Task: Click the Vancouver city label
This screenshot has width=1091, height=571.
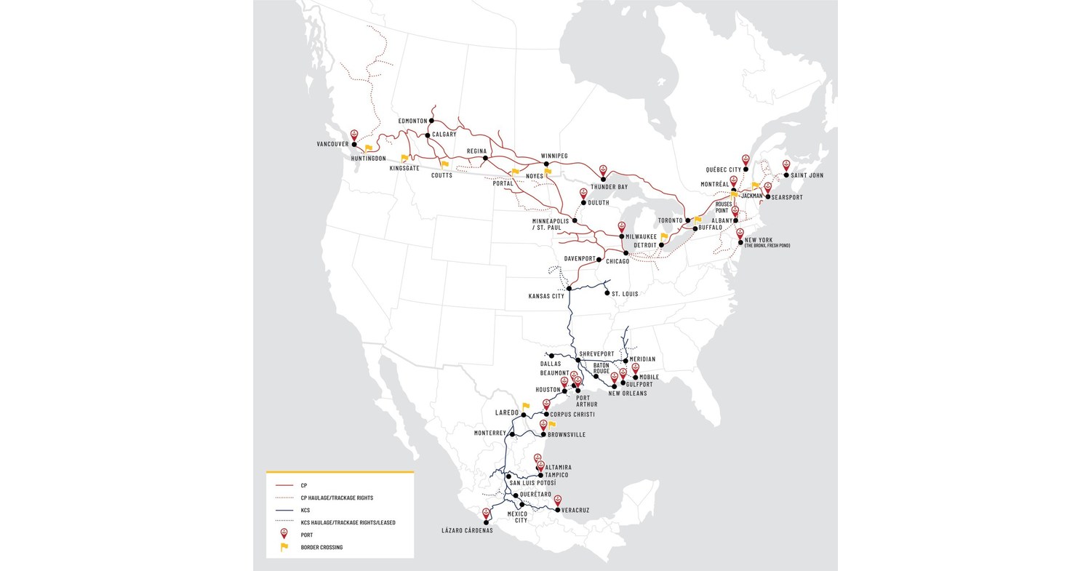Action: coord(332,144)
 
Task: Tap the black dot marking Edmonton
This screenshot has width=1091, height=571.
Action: coord(431,121)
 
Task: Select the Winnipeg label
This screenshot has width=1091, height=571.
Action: coord(554,156)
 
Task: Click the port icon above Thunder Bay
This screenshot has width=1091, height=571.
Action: coord(603,170)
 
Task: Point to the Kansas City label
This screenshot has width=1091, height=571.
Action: coord(546,296)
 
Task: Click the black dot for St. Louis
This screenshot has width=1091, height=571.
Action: coord(607,293)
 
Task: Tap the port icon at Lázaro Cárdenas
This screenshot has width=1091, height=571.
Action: coord(486,514)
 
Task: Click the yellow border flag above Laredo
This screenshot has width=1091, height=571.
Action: coord(526,407)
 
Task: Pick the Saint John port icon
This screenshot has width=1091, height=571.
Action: coord(786,165)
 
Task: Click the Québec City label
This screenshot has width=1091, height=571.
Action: coord(724,169)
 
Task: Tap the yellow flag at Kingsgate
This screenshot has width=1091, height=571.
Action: coord(404,158)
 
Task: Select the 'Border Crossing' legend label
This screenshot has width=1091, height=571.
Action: coord(321,547)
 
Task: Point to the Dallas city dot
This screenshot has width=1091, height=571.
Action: coord(551,356)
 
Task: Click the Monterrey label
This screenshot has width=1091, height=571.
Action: coord(489,433)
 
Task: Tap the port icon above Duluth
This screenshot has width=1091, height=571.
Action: coord(583,193)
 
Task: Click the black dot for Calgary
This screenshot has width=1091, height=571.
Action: coord(427,135)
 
